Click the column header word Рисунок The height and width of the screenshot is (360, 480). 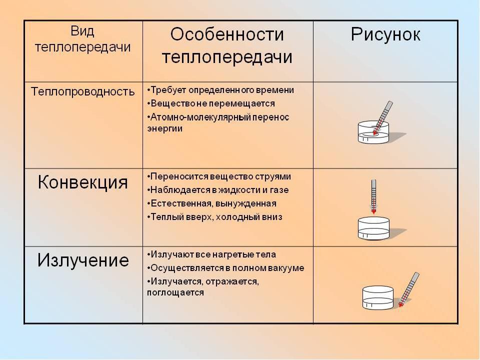coord(385,35)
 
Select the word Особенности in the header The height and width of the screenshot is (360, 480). coord(227,34)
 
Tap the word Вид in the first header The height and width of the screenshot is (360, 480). coord(82,31)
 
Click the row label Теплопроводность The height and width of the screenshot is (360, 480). coord(82,91)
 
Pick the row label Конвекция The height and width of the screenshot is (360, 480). coord(82,182)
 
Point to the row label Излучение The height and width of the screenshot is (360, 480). coord(83,260)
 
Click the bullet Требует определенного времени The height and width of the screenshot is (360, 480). coord(220,90)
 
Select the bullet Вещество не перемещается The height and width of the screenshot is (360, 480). coord(211,103)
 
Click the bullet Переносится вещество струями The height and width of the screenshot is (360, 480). coord(219,176)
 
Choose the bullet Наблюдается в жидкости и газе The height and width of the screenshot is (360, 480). coord(217,190)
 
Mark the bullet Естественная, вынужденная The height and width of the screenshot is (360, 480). coord(211,203)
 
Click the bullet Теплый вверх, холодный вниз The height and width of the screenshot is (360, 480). coord(214,217)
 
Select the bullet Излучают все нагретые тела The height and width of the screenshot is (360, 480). coord(211,254)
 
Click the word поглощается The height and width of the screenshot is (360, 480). coord(175,292)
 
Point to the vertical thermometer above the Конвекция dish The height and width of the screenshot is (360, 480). coord(373,196)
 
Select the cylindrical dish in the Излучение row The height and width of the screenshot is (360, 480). coord(378,298)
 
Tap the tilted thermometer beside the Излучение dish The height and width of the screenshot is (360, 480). coord(409,289)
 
